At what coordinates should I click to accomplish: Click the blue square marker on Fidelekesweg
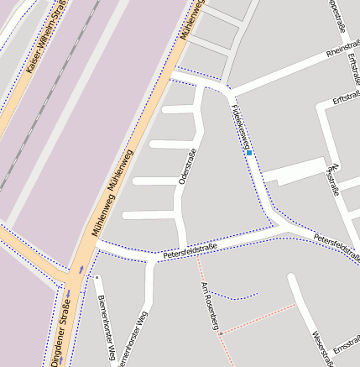[x=249, y=153]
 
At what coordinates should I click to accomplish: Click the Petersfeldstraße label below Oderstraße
[x=190, y=249]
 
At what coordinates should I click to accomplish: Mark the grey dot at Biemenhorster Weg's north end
[x=97, y=277]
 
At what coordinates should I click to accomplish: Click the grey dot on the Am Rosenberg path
[x=221, y=333]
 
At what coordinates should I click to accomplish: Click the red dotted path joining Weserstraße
[x=260, y=319]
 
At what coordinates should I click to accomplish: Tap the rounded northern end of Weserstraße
[x=292, y=278]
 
